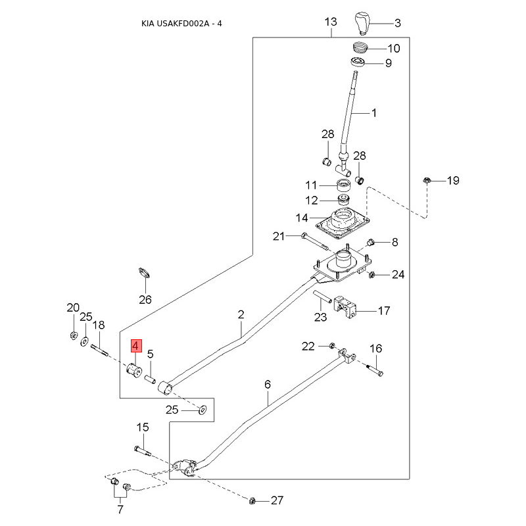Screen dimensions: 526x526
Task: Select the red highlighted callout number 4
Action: point(136,346)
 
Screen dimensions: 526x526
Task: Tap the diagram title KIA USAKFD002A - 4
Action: point(181,24)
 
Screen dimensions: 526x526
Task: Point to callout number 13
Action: point(331,22)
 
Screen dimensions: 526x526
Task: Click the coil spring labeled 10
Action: point(360,47)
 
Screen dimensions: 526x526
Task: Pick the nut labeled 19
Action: point(426,180)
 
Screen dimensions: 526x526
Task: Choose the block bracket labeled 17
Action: point(345,306)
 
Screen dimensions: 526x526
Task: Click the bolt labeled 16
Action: point(375,370)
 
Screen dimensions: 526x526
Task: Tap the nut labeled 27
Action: point(252,501)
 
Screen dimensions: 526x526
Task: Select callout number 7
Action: point(120,510)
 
